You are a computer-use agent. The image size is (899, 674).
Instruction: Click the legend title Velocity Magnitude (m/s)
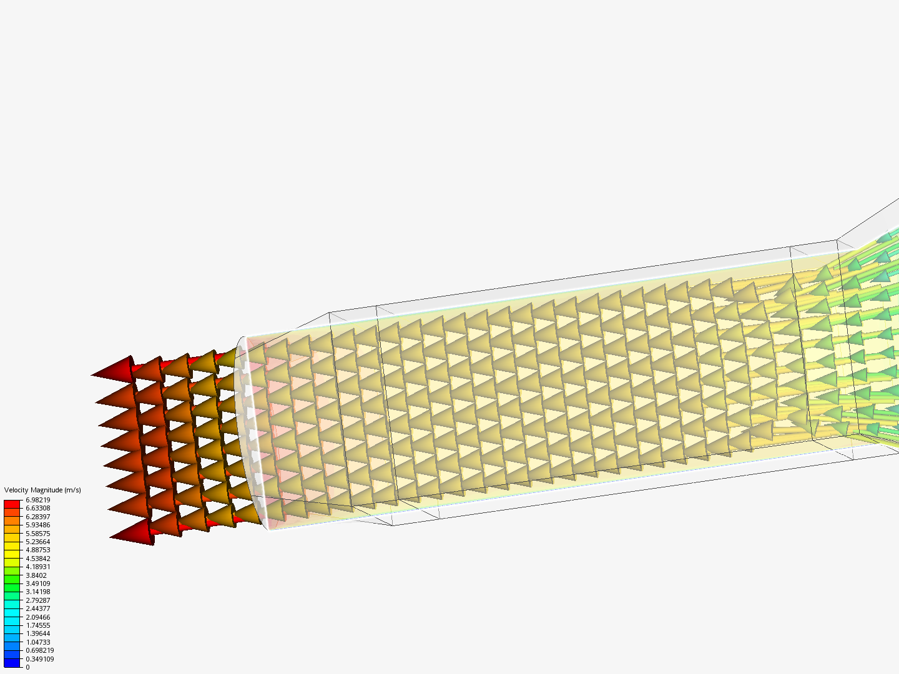[x=42, y=490]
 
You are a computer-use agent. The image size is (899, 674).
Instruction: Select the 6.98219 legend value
[x=37, y=500]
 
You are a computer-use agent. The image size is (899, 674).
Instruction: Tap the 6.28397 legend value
[x=37, y=517]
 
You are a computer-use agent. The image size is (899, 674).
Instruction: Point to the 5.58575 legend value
[x=37, y=533]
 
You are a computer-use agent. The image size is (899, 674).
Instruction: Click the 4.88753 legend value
[x=37, y=550]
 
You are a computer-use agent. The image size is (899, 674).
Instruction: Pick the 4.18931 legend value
[x=37, y=567]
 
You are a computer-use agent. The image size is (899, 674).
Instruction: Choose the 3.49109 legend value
[x=37, y=584]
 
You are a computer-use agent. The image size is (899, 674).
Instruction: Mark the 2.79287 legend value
[x=37, y=600]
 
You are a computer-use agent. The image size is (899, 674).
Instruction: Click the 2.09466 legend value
[x=37, y=617]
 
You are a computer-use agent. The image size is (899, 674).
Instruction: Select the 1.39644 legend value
[x=37, y=633]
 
